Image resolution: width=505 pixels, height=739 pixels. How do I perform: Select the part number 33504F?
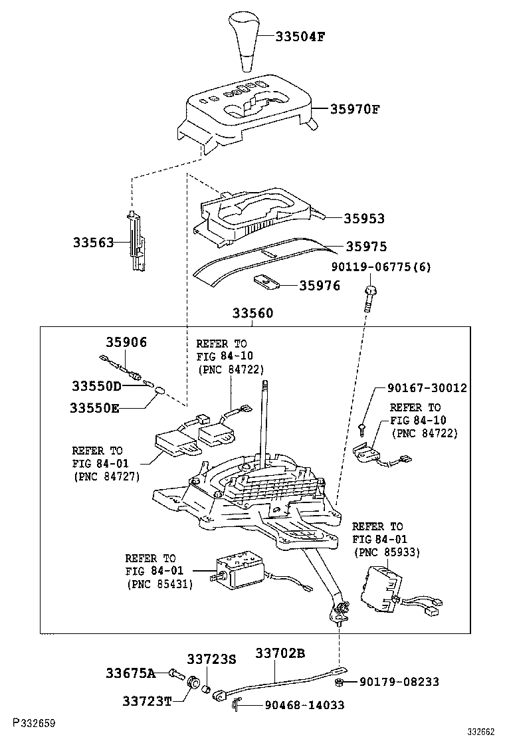pos(300,37)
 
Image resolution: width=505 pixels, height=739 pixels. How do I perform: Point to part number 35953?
pos(364,219)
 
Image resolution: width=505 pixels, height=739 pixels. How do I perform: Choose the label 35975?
pos(366,247)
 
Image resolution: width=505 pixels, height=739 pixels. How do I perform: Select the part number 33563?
pos(93,243)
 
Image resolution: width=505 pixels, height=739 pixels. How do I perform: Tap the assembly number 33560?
pos(252,313)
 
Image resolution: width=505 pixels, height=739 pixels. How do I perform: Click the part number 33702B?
pos(280,654)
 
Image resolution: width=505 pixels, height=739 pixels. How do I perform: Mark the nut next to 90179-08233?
pos(339,683)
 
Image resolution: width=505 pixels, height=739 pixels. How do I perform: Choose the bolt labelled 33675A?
pos(175,674)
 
